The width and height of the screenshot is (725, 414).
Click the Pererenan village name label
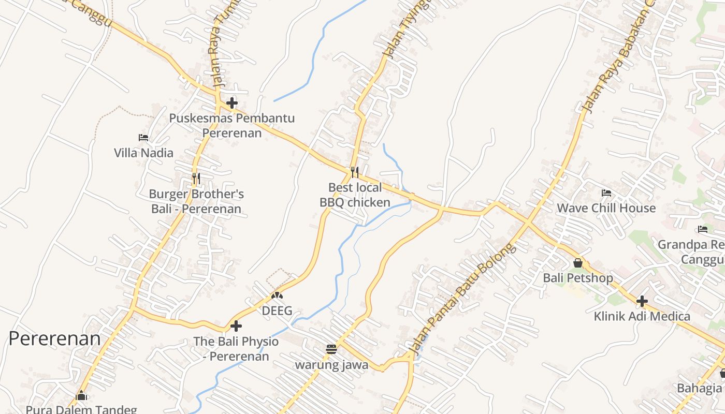pyautogui.click(x=54, y=338)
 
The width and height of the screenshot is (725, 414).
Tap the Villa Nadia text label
pyautogui.click(x=143, y=153)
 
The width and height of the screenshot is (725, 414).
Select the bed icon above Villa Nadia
pyautogui.click(x=143, y=138)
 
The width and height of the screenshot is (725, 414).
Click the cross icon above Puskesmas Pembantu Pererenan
pyautogui.click(x=231, y=102)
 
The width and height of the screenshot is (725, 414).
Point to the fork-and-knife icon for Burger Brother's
pyautogui.click(x=196, y=179)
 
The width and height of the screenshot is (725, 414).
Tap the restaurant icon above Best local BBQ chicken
pyautogui.click(x=355, y=172)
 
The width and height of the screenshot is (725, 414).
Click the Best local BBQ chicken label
pyautogui.click(x=355, y=195)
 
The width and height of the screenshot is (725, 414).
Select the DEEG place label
pyautogui.click(x=277, y=311)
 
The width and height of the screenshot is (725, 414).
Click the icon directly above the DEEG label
pyautogui.click(x=277, y=295)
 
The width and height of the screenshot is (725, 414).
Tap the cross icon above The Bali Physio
pyautogui.click(x=236, y=326)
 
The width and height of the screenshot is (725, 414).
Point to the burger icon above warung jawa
pyautogui.click(x=331, y=349)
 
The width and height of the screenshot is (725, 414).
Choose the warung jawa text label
pyautogui.click(x=331, y=365)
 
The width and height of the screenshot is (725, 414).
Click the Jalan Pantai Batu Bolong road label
pyautogui.click(x=462, y=300)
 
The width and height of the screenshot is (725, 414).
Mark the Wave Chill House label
pyautogui.click(x=606, y=208)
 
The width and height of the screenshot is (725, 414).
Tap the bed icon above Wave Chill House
pyautogui.click(x=606, y=193)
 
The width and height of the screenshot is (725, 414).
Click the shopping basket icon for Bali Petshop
pyautogui.click(x=578, y=263)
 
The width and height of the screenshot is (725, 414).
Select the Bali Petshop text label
pyautogui.click(x=578, y=278)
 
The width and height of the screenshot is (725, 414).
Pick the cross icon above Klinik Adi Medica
pyautogui.click(x=642, y=301)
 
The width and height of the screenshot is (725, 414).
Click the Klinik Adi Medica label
pyautogui.click(x=642, y=316)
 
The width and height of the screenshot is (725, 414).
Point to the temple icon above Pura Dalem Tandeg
pyautogui.click(x=81, y=396)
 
